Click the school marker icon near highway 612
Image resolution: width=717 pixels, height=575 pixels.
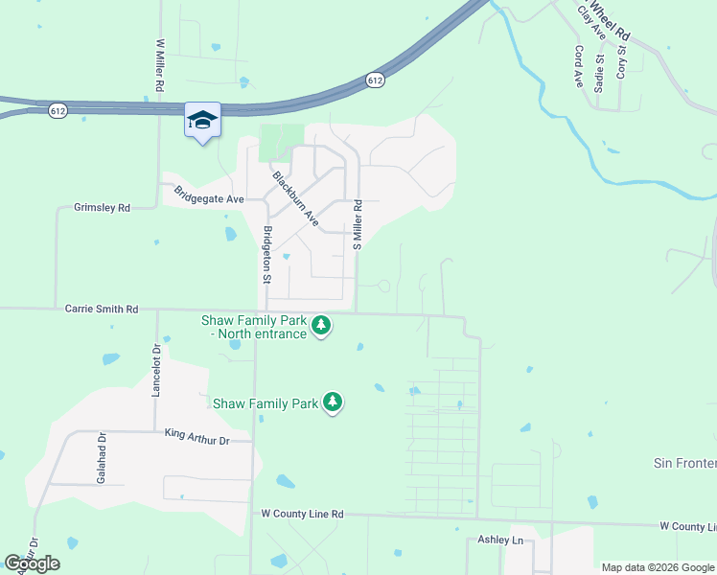point(202,120)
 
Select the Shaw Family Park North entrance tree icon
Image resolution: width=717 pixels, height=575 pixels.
point(321,327)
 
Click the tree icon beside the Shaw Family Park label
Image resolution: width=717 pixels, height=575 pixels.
point(333,402)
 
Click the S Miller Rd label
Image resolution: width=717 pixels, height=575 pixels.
point(358,224)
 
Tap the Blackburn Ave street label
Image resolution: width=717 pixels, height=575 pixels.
point(295,198)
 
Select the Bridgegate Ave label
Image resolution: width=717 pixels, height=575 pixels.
point(209,195)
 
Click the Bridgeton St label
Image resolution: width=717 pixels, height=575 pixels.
point(268,255)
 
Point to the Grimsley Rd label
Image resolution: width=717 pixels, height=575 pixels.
point(102,207)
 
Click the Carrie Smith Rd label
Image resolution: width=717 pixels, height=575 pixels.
point(102,310)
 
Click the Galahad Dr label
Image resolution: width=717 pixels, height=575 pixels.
point(101,457)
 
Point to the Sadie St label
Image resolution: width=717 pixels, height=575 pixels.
point(599,72)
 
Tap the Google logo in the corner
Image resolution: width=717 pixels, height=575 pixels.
point(33,563)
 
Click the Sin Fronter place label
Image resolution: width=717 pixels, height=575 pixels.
point(684,464)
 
